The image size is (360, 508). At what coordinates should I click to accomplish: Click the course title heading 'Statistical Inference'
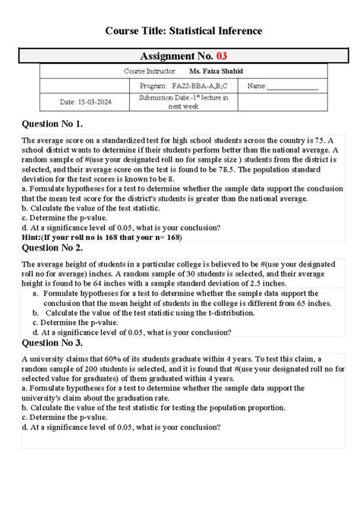pos(179,30)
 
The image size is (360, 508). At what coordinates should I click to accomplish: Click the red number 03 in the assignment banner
pos(221,56)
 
